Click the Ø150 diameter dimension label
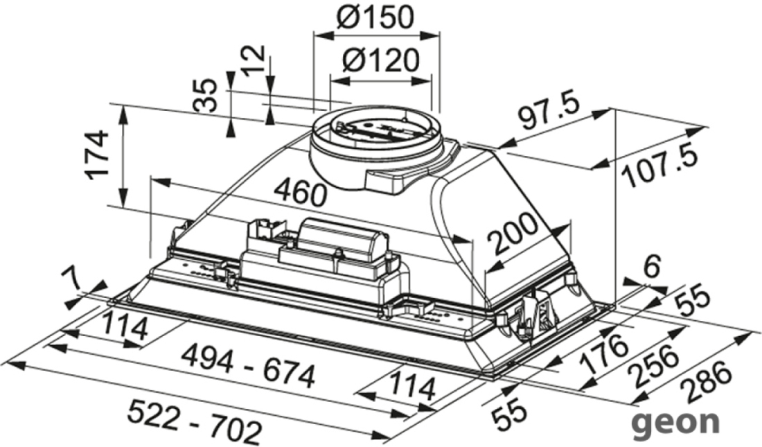pos(375,17)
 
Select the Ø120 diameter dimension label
pos(380,61)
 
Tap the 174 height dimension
pos(94,154)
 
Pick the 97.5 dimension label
pos(549,113)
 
